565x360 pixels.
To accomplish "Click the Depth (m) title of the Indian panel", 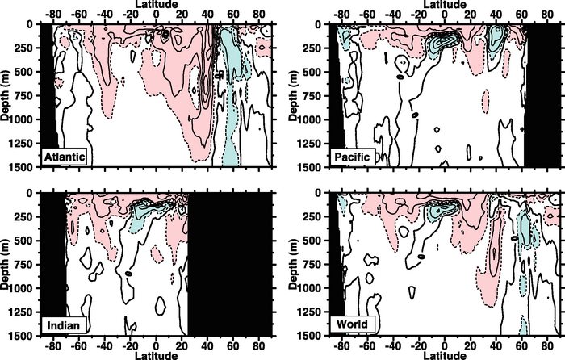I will (x=6, y=263).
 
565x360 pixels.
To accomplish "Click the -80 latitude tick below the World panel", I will (x=340, y=345).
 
